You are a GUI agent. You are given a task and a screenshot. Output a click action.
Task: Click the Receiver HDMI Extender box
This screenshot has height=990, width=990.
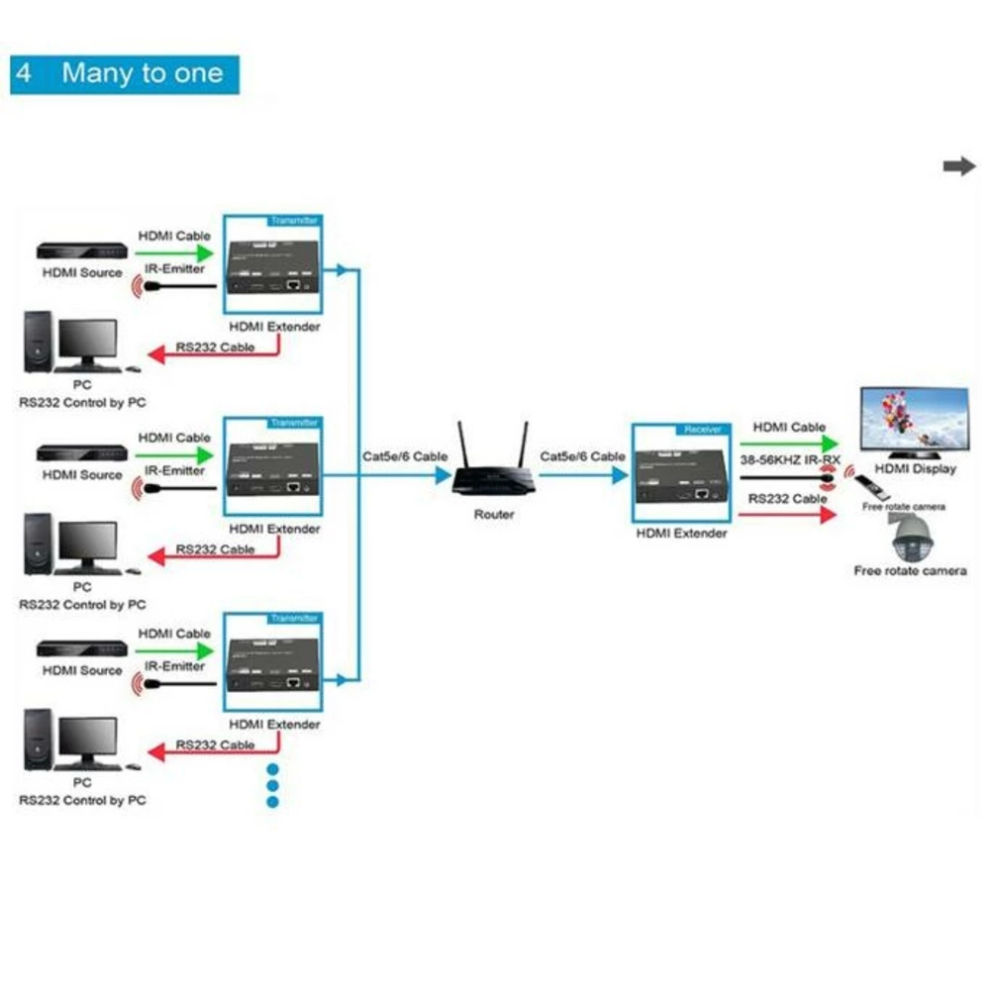[681, 472]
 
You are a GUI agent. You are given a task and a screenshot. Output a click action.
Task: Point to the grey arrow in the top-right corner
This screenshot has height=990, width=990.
[958, 166]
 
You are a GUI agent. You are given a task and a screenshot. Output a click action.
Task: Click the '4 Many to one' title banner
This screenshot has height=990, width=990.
[125, 74]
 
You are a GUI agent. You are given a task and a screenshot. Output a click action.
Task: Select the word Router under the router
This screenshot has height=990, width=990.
[494, 514]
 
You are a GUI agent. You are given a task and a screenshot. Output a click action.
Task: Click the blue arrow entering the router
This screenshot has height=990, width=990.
[436, 475]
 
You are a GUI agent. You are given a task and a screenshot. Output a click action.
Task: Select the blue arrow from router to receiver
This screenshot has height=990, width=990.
[584, 475]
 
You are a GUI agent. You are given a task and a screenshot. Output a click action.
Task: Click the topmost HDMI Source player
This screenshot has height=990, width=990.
[82, 252]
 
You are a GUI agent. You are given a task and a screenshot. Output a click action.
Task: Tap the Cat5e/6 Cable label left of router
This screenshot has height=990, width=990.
[404, 456]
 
